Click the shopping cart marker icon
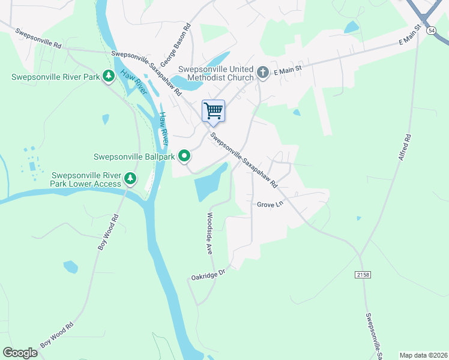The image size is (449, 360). [213, 111]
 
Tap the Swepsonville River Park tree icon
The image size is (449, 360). [109, 76]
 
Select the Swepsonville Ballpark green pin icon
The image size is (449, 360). [184, 157]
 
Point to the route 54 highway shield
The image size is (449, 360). [431, 30]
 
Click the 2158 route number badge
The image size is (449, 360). [363, 274]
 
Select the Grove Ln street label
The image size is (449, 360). [270, 205]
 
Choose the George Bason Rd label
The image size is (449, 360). [184, 38]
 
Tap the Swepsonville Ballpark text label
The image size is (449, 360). [134, 157]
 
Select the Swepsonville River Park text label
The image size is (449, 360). [56, 77]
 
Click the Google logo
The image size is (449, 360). [20, 353]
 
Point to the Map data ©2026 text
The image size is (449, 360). [423, 355]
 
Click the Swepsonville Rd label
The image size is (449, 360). [38, 38]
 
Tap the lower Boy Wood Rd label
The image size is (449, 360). [57, 335]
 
